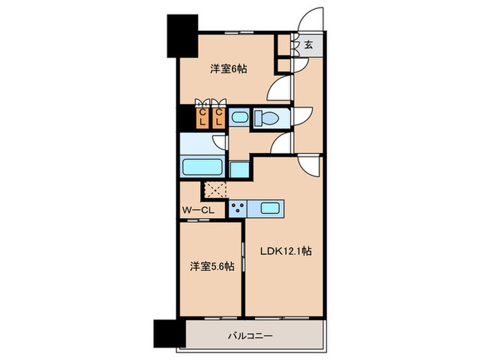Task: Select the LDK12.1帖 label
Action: (286, 252)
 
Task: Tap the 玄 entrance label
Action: (309, 45)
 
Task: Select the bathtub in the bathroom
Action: (202, 168)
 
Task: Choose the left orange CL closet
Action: (203, 117)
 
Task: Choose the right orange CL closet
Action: (219, 117)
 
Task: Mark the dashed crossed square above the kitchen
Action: (214, 189)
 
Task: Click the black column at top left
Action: (182, 36)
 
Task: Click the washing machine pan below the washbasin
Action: (240, 169)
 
